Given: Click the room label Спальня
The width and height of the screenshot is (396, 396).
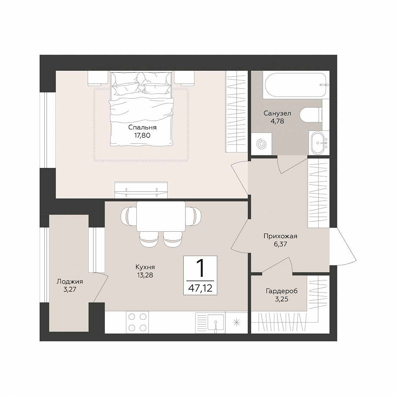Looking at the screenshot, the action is click(142, 128).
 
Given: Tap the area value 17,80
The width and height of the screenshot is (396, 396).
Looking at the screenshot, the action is click(142, 135).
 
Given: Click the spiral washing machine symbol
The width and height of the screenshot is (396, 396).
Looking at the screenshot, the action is click(261, 144).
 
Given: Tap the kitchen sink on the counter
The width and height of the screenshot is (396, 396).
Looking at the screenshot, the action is click(216, 322).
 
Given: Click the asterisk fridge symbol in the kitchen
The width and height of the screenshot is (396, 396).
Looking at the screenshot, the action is click(236, 322).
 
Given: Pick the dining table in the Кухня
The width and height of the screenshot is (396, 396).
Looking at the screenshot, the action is click(161, 216).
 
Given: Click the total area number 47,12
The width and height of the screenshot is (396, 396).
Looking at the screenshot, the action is click(201, 288).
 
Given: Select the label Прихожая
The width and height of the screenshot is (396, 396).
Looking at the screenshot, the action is click(280, 236).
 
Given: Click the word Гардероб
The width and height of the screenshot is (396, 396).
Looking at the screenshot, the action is click(282, 291).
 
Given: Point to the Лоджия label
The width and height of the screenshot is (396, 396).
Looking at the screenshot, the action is click(70, 281).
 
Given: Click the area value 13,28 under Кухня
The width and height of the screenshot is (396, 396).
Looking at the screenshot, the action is click(145, 275).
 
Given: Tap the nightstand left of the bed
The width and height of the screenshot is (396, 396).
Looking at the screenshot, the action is click(98, 78).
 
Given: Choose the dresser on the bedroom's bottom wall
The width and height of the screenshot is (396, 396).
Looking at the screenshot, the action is click(141, 190).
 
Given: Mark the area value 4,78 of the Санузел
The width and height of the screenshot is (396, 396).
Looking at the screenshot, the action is click(277, 121).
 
